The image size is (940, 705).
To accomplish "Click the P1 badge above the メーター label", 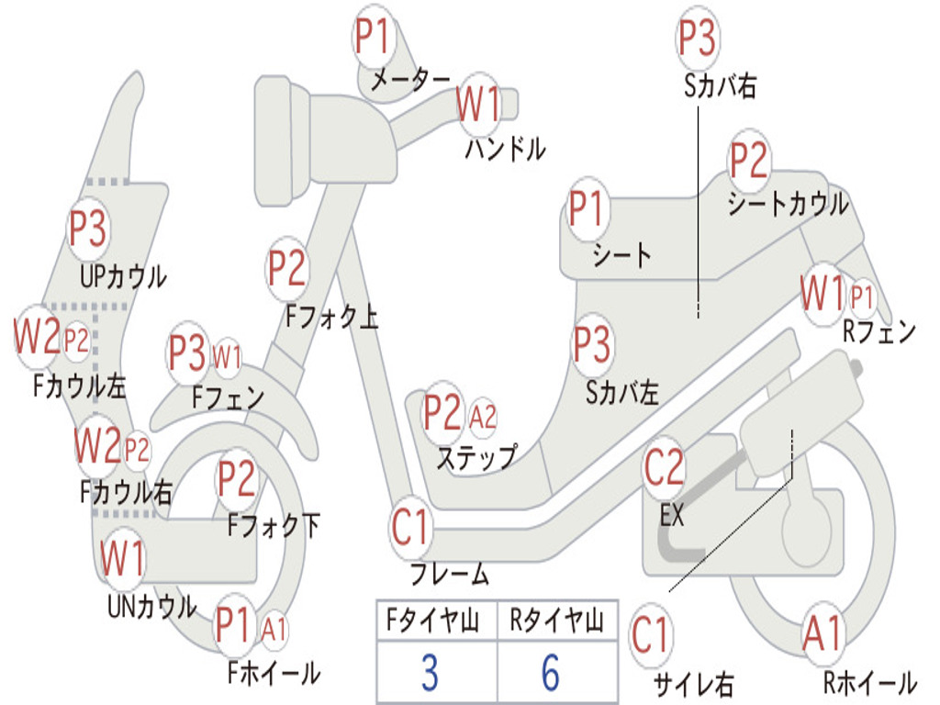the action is [x=375, y=37].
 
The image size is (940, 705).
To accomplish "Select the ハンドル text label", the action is [x=506, y=149].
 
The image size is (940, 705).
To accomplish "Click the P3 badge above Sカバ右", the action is [x=698, y=37].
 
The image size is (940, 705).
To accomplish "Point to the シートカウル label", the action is [x=788, y=204].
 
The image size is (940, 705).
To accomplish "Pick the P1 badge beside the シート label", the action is [x=587, y=208].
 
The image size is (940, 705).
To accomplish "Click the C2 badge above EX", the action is [x=665, y=467].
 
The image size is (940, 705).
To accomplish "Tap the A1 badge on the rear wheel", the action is [x=823, y=634].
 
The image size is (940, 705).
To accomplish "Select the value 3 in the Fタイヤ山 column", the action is [x=430, y=673].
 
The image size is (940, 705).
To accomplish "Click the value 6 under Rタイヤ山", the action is [x=551, y=673].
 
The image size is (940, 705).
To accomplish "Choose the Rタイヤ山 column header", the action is [x=556, y=620].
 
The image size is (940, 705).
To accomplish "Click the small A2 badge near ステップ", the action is [x=483, y=416].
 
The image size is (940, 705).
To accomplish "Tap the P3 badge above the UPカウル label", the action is [x=88, y=229].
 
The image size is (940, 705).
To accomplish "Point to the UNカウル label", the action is [x=151, y=607].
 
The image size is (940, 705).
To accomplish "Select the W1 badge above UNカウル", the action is [x=122, y=557].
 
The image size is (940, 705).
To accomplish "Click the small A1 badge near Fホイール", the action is [x=274, y=630].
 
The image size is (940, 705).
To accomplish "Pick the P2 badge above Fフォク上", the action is [x=287, y=269].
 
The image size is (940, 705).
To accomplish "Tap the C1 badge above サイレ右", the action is [x=651, y=635].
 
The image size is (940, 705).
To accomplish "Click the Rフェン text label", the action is [x=879, y=330].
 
